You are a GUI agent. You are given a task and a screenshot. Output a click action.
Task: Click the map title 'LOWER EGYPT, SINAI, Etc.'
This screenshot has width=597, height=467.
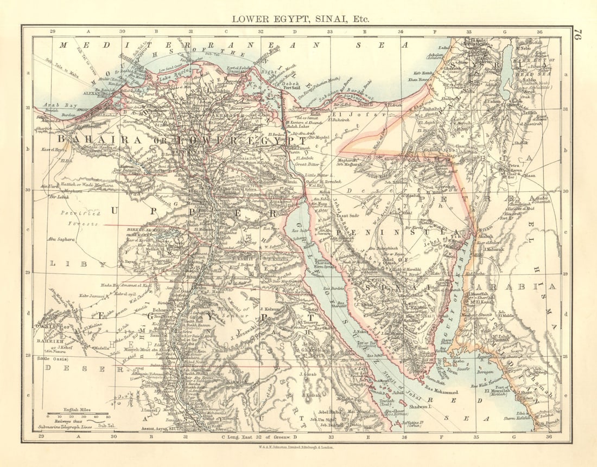(300, 18)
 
